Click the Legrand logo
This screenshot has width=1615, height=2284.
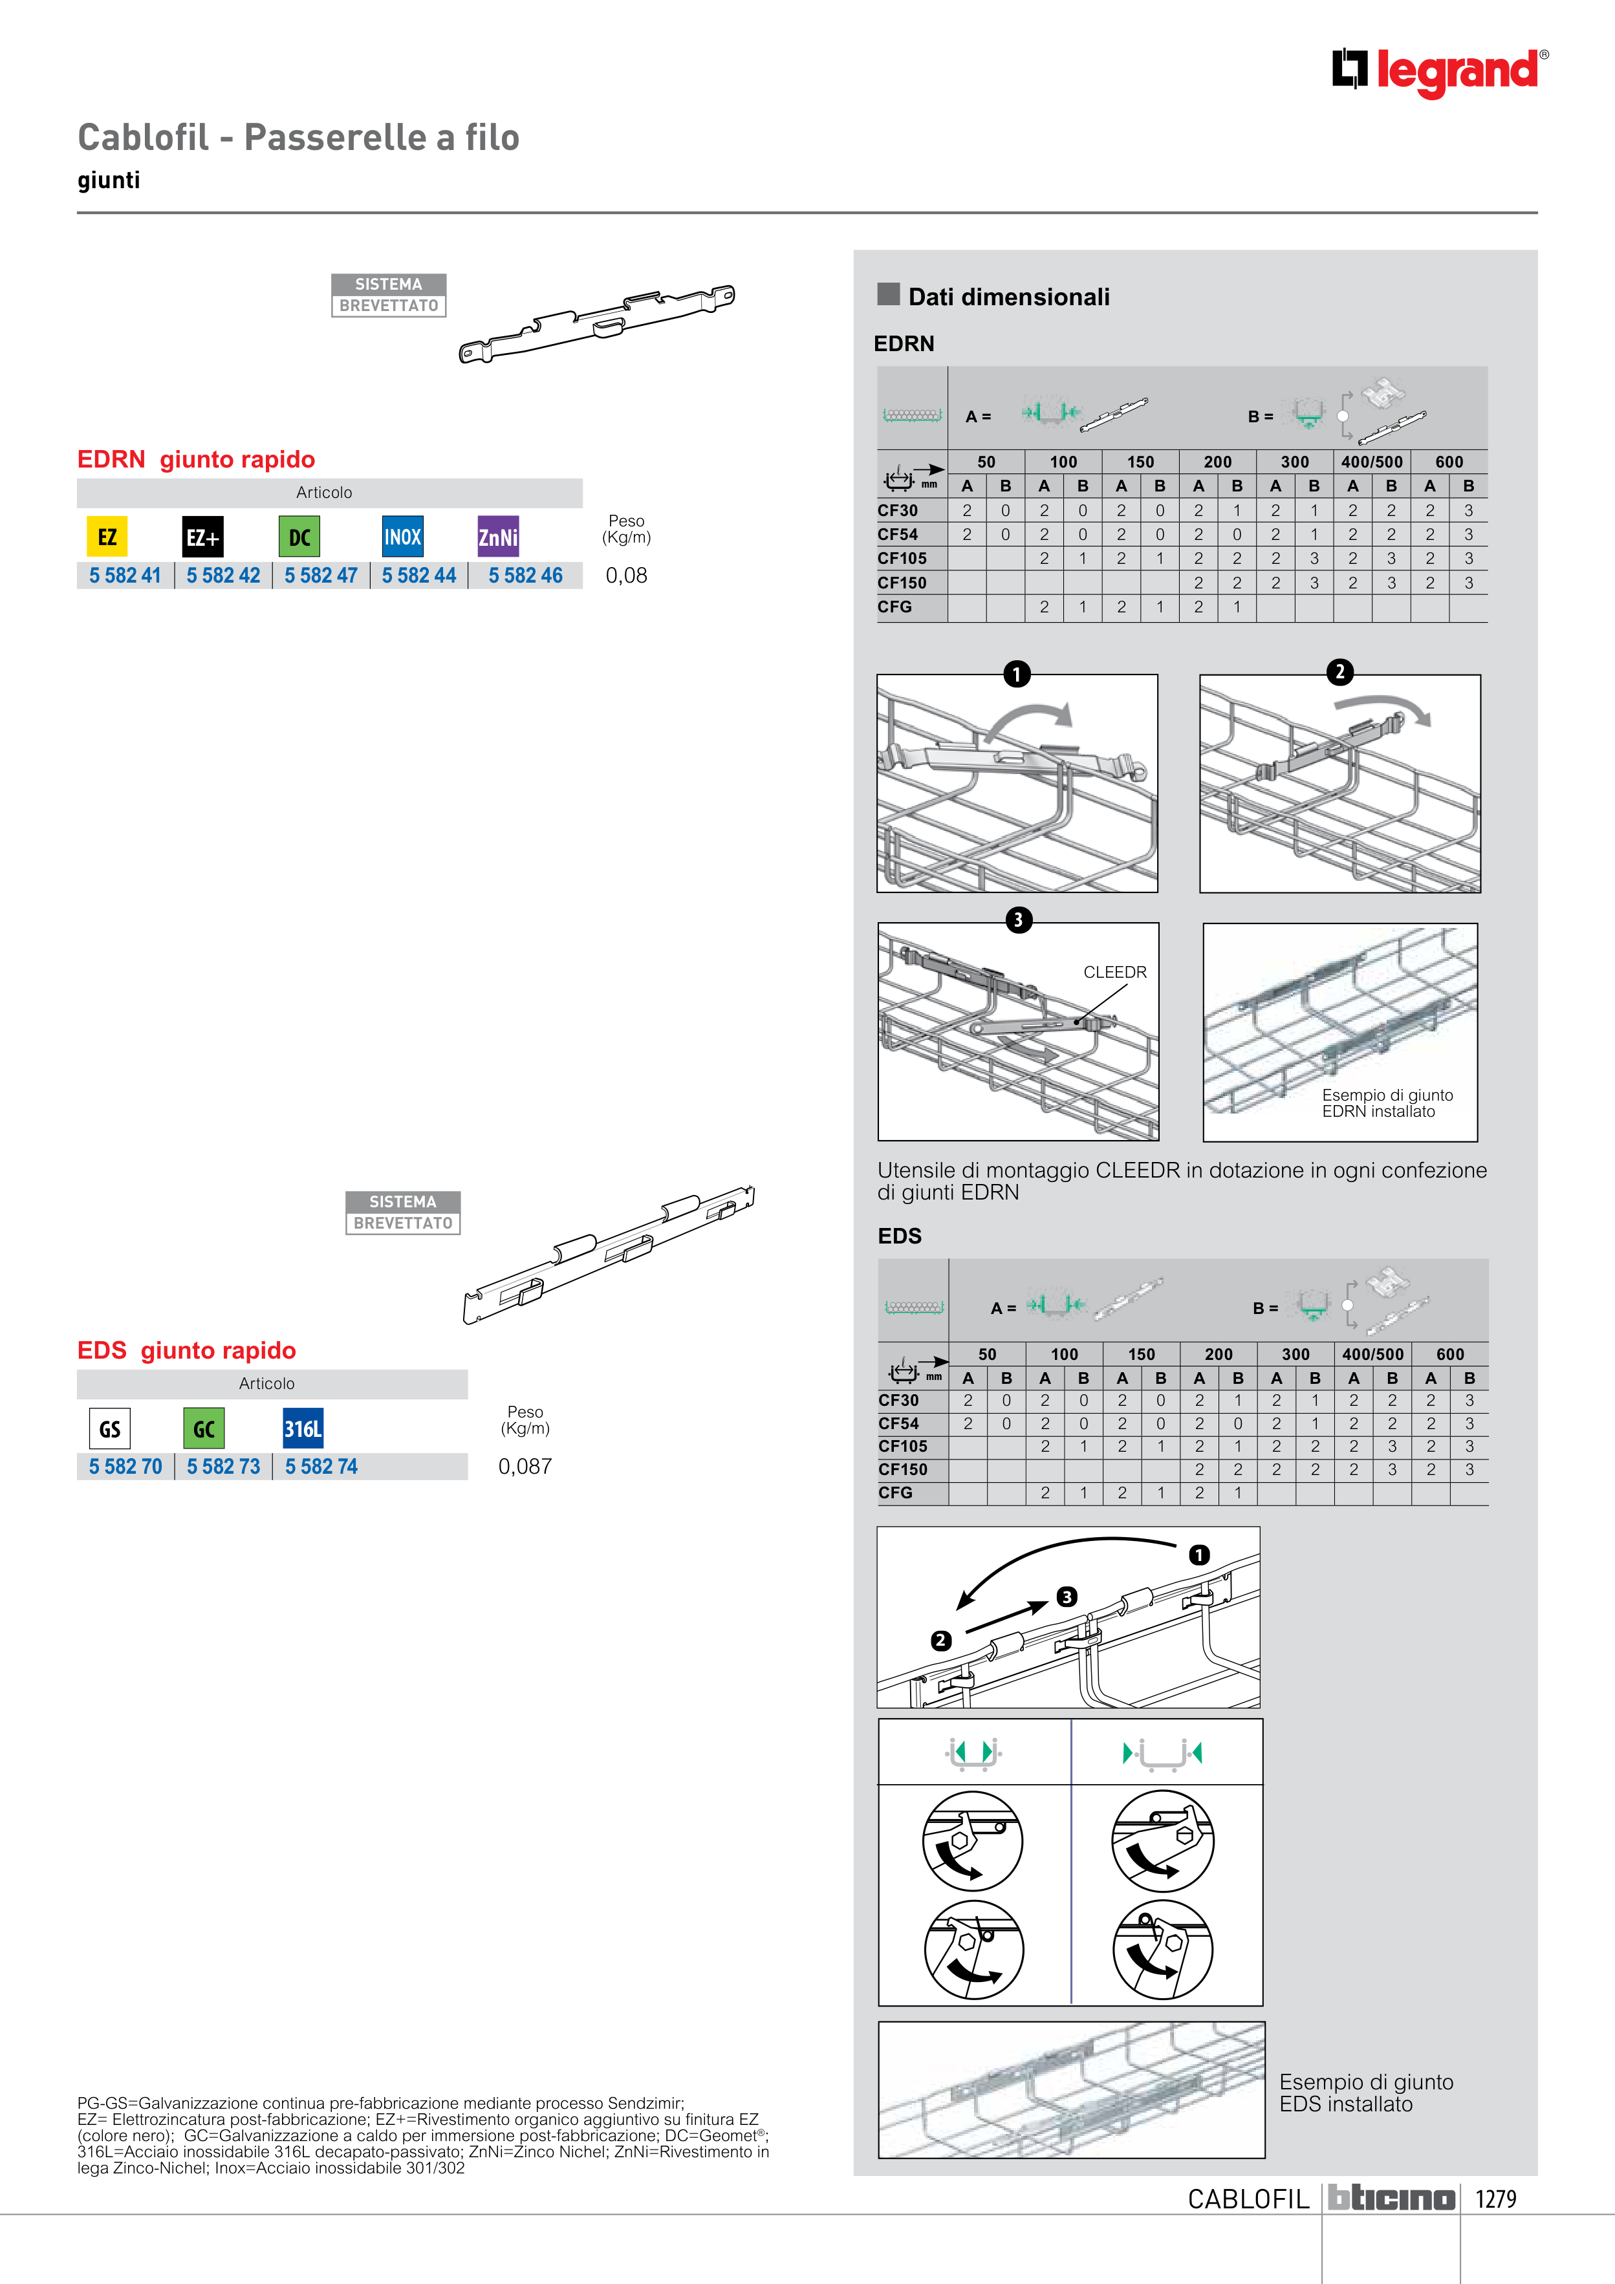point(1440,72)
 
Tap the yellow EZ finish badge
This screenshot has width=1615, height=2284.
point(107,537)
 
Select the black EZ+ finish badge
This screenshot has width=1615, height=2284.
point(203,537)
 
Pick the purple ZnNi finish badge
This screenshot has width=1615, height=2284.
point(497,537)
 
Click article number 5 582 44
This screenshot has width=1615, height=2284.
point(419,576)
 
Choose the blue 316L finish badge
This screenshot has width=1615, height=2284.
point(303,1428)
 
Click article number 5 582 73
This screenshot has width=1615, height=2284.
point(223,1466)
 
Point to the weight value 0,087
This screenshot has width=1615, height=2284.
point(525,1466)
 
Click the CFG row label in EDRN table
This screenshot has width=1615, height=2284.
point(894,607)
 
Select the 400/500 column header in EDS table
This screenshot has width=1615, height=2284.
point(1372,1354)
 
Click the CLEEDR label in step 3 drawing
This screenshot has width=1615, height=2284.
point(1114,972)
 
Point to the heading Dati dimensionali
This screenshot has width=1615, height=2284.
point(1008,296)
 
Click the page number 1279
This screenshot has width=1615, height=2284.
point(1495,2199)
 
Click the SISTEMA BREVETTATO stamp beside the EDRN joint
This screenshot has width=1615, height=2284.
point(388,296)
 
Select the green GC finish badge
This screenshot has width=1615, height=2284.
point(204,1428)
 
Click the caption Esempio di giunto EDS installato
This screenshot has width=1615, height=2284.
point(1365,2093)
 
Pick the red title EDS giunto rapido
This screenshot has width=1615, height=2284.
point(186,1350)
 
